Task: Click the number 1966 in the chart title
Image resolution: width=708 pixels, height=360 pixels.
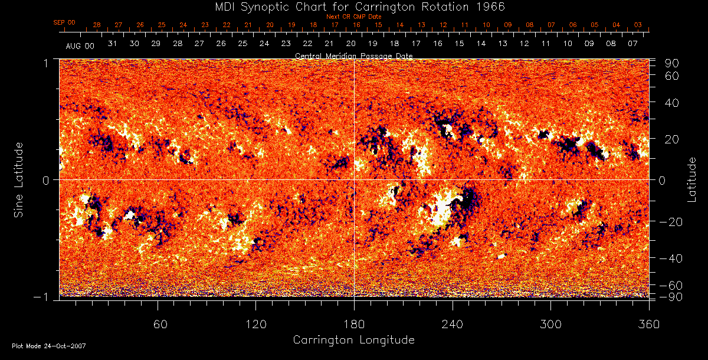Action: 490,6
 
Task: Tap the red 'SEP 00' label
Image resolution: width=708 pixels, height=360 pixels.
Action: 64,22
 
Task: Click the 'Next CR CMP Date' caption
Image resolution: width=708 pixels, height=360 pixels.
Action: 354,17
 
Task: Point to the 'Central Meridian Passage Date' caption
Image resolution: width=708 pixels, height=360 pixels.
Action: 354,55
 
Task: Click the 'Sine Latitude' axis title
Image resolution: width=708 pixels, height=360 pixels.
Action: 19,179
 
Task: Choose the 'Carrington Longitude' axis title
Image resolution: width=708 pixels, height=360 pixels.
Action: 353,340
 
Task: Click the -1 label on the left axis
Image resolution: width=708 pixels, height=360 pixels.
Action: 44,297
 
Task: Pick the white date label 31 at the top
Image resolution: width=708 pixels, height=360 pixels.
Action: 113,44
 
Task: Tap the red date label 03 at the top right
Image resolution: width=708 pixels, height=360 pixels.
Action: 638,25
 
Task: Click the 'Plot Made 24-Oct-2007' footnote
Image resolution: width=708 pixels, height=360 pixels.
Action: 49,346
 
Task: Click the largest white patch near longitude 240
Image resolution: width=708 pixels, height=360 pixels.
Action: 441,210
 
